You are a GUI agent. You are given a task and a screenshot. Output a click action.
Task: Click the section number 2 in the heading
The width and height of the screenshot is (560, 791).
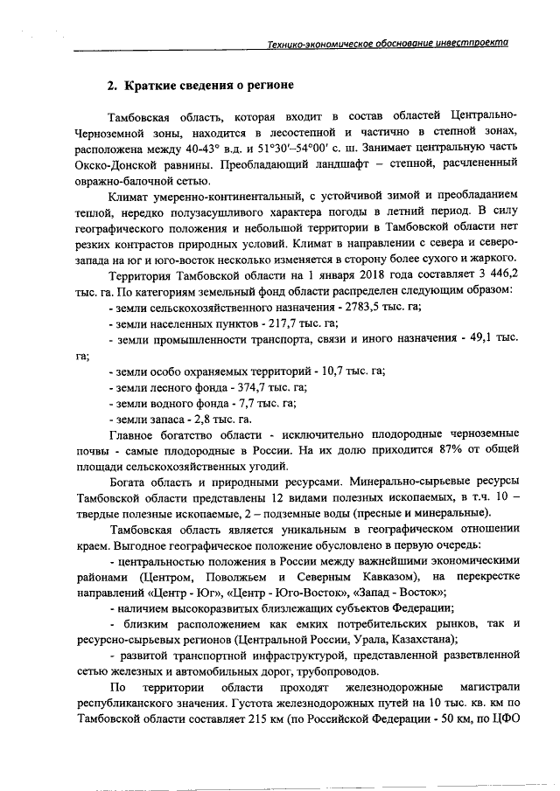tap(111, 86)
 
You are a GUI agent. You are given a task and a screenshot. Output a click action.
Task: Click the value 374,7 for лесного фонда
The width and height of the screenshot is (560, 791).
tap(245, 387)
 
